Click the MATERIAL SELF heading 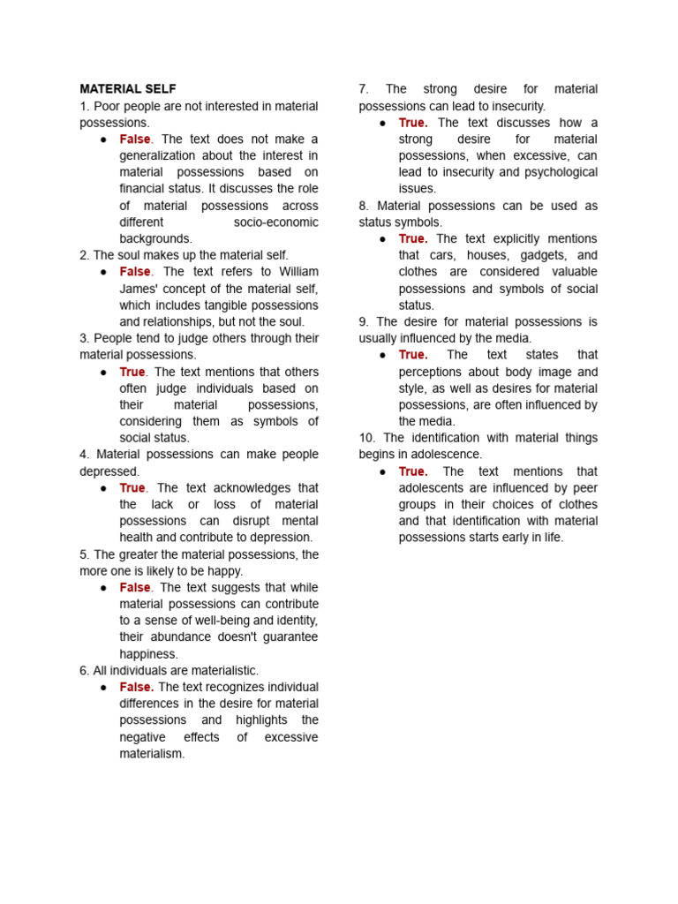pyautogui.click(x=128, y=89)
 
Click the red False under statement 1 pyautogui.click(x=135, y=139)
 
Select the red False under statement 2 pyautogui.click(x=135, y=272)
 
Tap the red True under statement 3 pyautogui.click(x=132, y=372)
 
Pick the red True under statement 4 pyautogui.click(x=132, y=488)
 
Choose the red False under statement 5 pyautogui.click(x=135, y=588)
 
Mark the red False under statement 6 pyautogui.click(x=137, y=687)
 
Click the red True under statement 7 pyautogui.click(x=412, y=123)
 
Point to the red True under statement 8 pyautogui.click(x=412, y=238)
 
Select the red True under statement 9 pyautogui.click(x=412, y=355)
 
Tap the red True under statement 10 pyautogui.click(x=412, y=471)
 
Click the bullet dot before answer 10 pyautogui.click(x=383, y=472)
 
